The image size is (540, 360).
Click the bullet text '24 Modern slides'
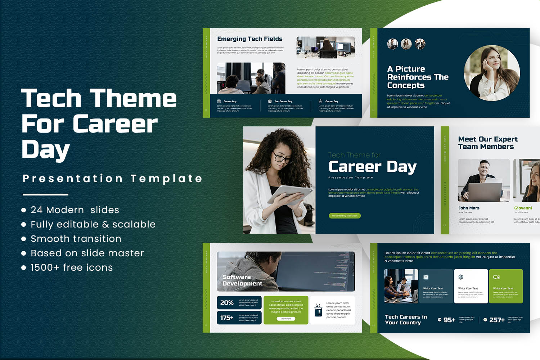tap(75, 210)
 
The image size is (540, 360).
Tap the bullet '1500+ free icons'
tap(72, 267)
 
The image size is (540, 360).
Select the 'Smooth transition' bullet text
tap(76, 239)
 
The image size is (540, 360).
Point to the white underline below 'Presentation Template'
tap(45, 194)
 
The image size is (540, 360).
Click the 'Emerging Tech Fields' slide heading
tap(250, 39)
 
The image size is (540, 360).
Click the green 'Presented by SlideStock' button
tap(345, 216)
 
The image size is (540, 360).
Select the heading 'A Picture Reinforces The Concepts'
tap(418, 77)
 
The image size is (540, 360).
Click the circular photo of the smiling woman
tap(491, 73)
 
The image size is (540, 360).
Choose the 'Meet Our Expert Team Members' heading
tap(487, 143)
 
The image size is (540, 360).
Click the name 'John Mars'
tap(469, 208)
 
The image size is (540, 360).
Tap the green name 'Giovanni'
tap(523, 208)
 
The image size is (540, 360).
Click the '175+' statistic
tap(227, 318)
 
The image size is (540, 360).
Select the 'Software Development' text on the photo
tap(242, 280)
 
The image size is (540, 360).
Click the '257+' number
tap(497, 320)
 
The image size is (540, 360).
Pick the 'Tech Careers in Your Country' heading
tap(406, 320)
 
